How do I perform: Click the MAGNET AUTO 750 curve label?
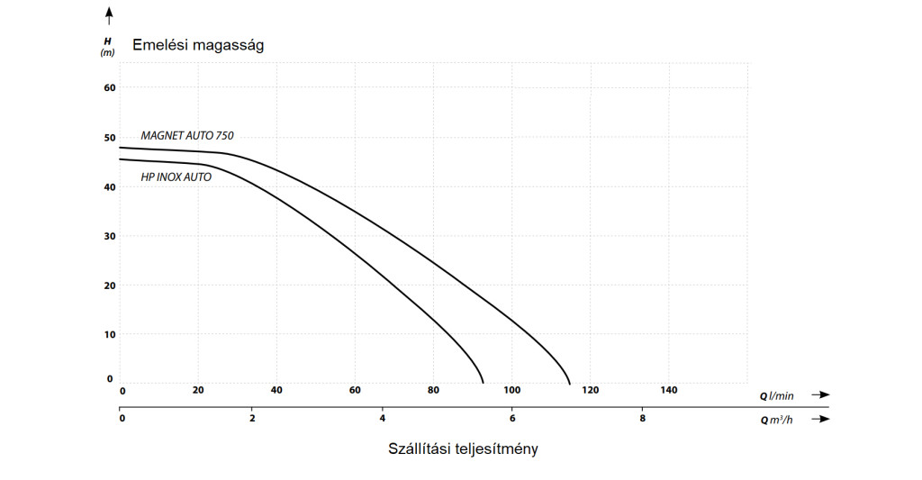tap(187, 135)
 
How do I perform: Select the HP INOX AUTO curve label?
tap(176, 177)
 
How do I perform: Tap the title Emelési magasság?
tap(198, 45)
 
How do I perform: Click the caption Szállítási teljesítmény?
tap(463, 448)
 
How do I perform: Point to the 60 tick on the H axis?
tap(111, 88)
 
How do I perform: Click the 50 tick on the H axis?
tap(111, 138)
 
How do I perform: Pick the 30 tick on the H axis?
tap(111, 236)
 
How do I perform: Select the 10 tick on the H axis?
tap(111, 334)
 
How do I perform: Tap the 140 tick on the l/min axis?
tap(669, 390)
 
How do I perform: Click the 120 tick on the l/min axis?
tap(591, 390)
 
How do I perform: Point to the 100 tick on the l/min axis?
tap(512, 390)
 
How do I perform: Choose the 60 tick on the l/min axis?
tap(355, 390)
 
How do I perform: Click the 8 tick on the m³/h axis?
tap(642, 418)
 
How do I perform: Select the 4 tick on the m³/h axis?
tap(382, 418)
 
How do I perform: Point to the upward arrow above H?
tap(109, 14)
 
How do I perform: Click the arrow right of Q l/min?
tap(818, 394)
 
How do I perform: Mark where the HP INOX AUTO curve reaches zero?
tap(484, 382)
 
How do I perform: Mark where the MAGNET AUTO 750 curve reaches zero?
tap(570, 382)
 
